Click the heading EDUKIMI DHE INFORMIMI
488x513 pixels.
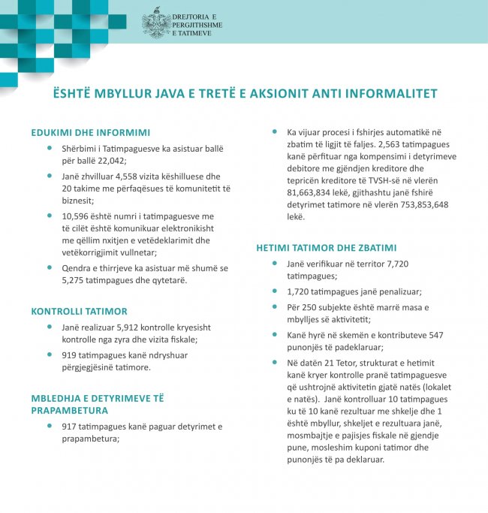click(x=90, y=133)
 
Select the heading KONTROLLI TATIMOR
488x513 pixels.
click(x=79, y=310)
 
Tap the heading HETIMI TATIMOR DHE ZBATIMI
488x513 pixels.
click(x=327, y=247)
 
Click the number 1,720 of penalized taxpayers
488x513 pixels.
click(x=300, y=291)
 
